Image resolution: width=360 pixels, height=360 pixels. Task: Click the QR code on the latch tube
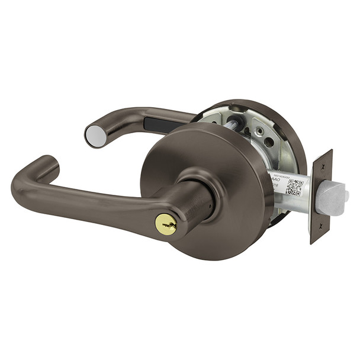(x=294, y=187)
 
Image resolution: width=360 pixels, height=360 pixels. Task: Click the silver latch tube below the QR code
(x=290, y=201)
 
